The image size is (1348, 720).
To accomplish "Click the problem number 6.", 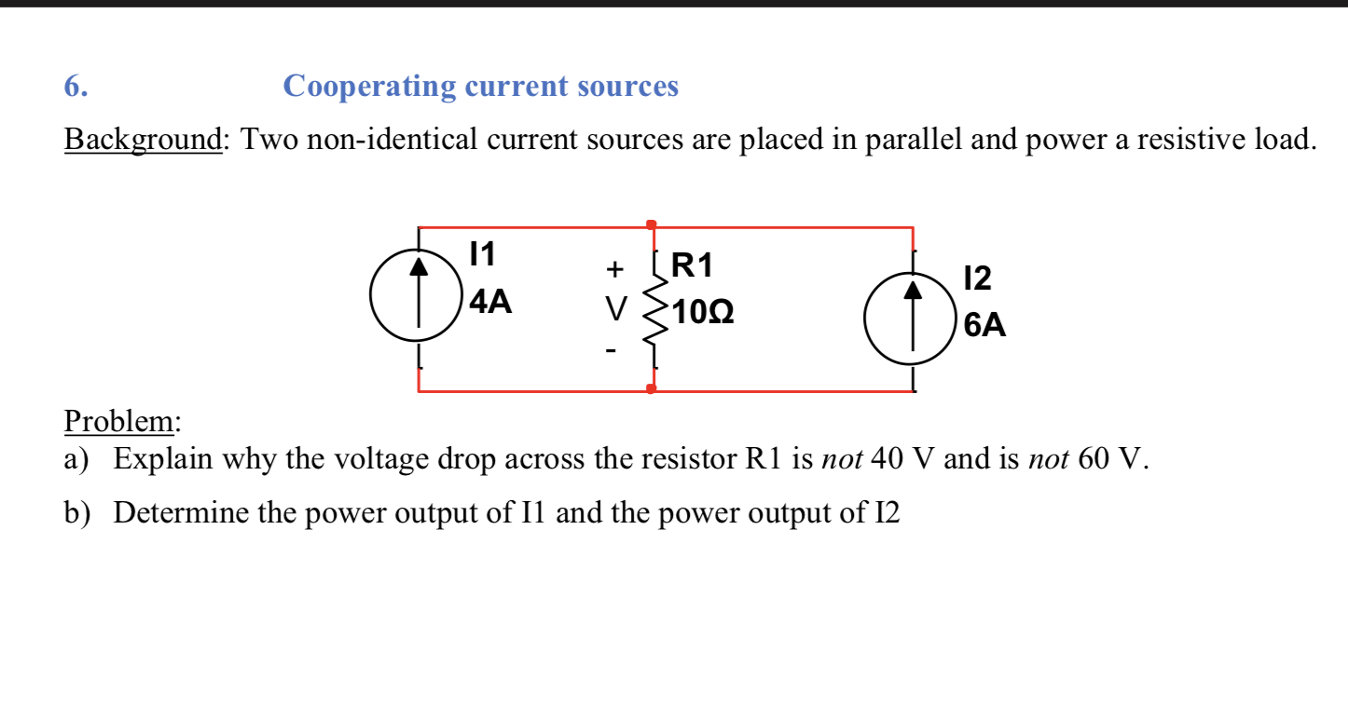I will [76, 87].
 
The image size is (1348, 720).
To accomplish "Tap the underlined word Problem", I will [120, 421].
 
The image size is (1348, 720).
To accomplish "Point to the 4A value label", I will [490, 302].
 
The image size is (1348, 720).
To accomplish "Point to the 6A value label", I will [984, 325].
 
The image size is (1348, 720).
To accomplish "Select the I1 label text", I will [482, 253].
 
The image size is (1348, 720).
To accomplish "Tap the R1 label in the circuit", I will [692, 266].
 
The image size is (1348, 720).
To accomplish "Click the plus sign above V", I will [613, 269].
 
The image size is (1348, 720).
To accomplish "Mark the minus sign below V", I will [612, 352].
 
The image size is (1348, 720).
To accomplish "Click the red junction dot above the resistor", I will [651, 224].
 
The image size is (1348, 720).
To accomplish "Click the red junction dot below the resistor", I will [651, 388].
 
